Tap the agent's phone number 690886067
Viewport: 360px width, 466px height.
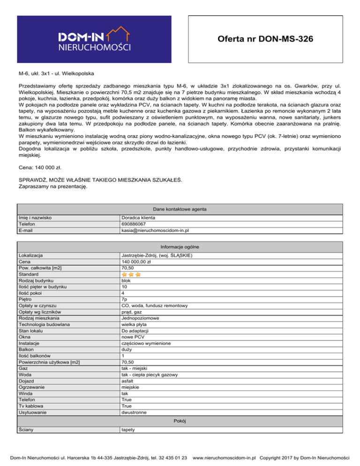click(135, 224)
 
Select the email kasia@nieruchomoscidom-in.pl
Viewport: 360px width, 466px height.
click(155, 230)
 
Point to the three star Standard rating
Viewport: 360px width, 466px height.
click(131, 274)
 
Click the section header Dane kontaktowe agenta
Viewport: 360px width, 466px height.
click(180, 209)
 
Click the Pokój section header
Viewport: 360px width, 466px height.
click(180, 408)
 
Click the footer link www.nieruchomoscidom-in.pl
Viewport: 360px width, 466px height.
click(227, 456)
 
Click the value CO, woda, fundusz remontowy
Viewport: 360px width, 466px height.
click(154, 306)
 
